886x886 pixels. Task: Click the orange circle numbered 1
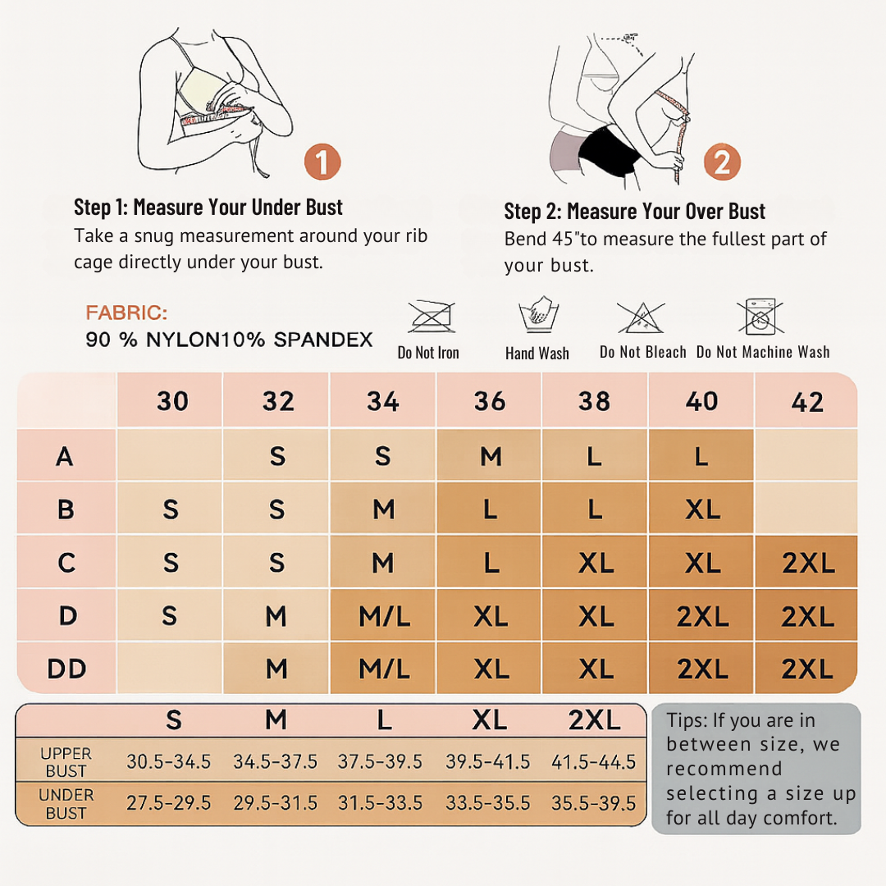(x=322, y=162)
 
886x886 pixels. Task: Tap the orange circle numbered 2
(x=722, y=162)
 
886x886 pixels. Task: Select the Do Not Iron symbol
(x=432, y=317)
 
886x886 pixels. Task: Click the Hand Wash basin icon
(x=538, y=315)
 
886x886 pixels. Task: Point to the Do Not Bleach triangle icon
(x=640, y=317)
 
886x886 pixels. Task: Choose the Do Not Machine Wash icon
(x=760, y=317)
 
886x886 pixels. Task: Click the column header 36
(x=489, y=401)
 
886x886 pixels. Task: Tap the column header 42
(x=807, y=402)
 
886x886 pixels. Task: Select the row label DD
(x=66, y=669)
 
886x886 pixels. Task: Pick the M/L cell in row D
(x=384, y=616)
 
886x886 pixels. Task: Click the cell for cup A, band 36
(x=491, y=456)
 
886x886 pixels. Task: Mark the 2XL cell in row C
(x=808, y=563)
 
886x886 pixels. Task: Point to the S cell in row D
(x=170, y=615)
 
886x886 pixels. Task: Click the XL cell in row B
(x=702, y=509)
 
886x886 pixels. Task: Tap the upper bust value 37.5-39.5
(x=380, y=761)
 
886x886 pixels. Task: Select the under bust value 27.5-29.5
(x=168, y=803)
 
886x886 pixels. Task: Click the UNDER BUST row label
(x=66, y=804)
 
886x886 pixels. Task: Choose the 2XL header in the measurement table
(x=595, y=720)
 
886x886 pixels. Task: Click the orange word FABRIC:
(x=126, y=313)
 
